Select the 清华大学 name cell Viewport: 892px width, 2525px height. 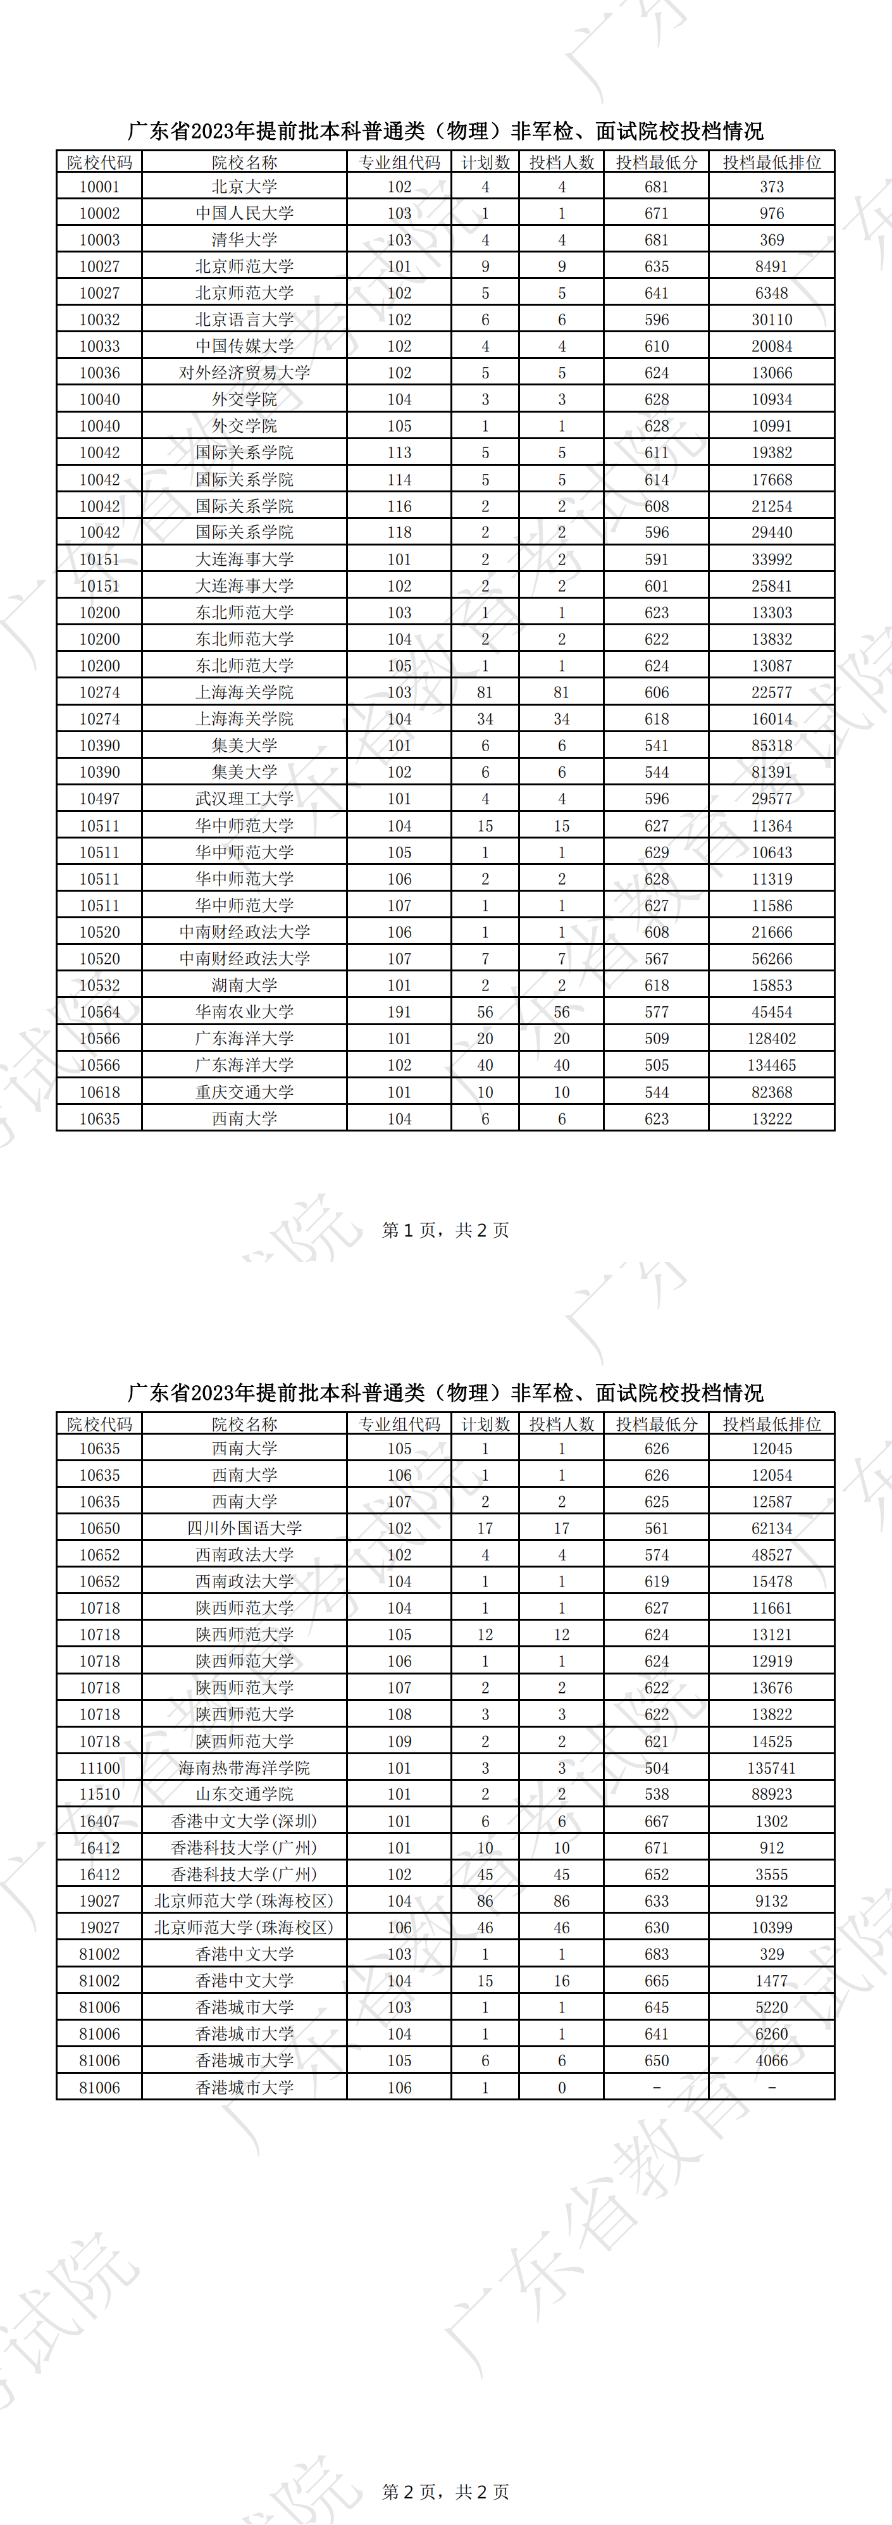pyautogui.click(x=244, y=240)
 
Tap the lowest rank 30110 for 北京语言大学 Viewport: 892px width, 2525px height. pyautogui.click(x=771, y=320)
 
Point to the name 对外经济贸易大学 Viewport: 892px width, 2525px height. pyautogui.click(x=244, y=373)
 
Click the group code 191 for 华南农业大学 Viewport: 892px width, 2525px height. pyautogui.click(x=399, y=1011)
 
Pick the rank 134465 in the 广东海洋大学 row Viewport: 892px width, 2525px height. pyautogui.click(x=771, y=1066)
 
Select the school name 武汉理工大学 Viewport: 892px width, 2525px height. pyautogui.click(x=244, y=799)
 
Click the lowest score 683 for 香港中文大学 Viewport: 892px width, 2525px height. pyautogui.click(x=657, y=1954)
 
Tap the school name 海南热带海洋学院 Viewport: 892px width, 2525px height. pyautogui.click(x=244, y=1768)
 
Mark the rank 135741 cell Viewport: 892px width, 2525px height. pyautogui.click(x=771, y=1768)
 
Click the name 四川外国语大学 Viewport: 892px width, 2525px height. pyautogui.click(x=244, y=1528)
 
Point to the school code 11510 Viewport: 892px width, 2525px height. pyautogui.click(x=99, y=1794)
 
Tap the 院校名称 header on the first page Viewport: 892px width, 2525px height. pyautogui.click(x=244, y=163)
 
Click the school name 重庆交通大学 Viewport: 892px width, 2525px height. pyautogui.click(x=244, y=1092)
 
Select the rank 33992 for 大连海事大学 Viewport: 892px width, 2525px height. pyautogui.click(x=771, y=559)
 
